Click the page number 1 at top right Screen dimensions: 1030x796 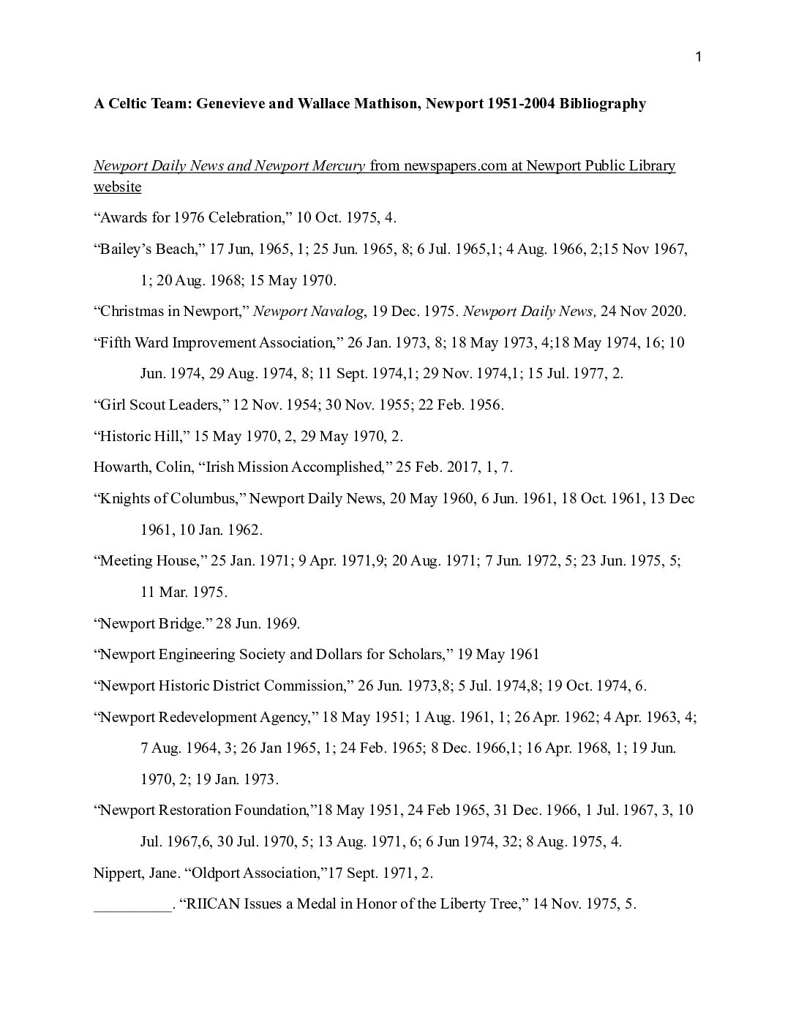(699, 58)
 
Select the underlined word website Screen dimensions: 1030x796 (117, 187)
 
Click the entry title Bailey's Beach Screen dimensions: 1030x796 (146, 249)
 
